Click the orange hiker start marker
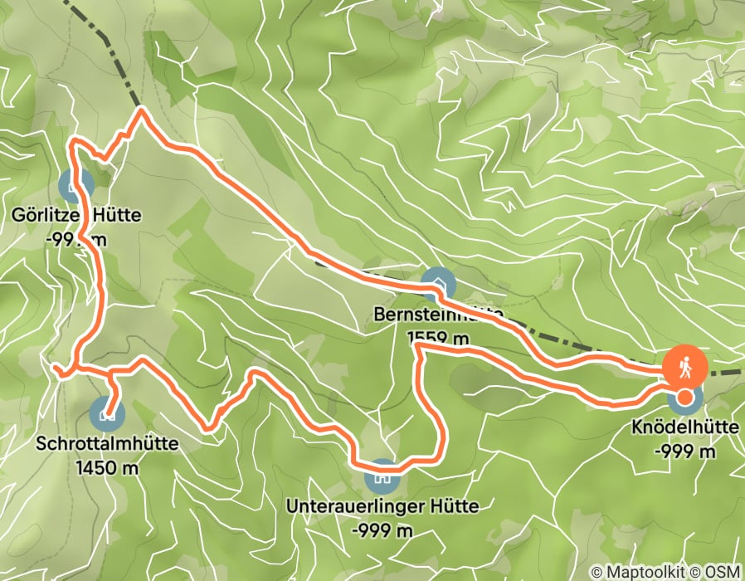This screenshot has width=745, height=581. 684,365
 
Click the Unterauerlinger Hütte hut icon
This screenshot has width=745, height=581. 382,476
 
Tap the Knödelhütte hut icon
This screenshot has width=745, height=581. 684,398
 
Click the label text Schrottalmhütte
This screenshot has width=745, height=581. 107,444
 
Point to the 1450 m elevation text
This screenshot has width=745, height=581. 107,467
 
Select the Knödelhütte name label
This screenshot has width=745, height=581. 685,428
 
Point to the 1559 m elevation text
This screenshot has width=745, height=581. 439,338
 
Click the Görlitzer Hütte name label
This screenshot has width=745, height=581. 76,216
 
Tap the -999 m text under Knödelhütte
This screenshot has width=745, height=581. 685,452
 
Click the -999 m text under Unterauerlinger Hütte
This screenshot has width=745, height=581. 382,529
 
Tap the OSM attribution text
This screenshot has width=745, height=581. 723,572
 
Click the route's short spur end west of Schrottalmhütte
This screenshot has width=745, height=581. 53,366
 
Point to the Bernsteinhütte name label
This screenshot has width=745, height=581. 439,315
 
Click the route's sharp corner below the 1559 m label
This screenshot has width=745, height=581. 416,352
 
